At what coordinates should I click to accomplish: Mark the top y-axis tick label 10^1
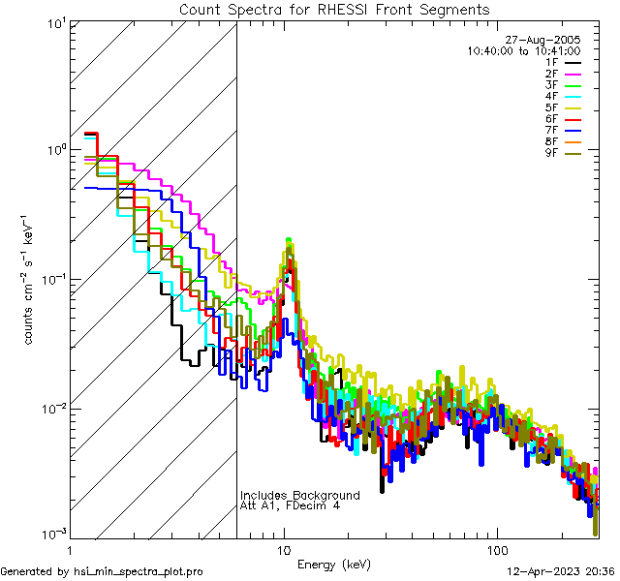54,22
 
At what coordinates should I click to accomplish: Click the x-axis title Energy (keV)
334,564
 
